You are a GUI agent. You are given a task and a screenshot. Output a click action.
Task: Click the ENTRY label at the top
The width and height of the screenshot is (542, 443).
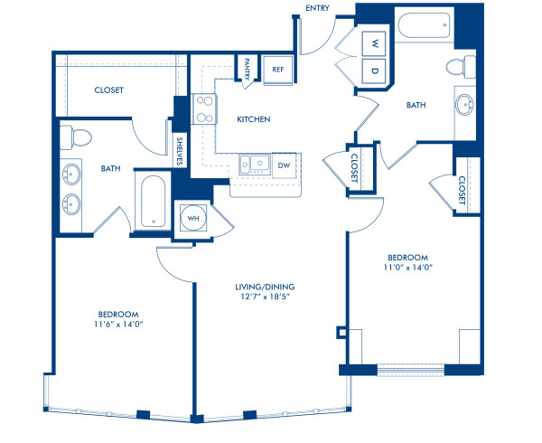318,8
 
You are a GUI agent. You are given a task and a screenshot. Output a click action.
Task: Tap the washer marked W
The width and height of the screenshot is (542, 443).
374,43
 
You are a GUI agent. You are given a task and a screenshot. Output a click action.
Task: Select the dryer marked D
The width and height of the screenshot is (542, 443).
374,71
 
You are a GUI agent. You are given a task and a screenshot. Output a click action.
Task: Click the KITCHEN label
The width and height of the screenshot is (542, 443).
255,119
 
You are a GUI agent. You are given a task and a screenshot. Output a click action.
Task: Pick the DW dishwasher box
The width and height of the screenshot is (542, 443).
284,165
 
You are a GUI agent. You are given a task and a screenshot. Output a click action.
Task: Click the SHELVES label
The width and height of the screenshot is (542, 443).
180,150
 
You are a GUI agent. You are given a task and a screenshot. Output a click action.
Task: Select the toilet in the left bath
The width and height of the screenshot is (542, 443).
77,137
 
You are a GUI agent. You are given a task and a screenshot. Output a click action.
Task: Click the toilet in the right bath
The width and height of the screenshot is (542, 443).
465,66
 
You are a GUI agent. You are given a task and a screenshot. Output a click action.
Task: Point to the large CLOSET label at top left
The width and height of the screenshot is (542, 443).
108,90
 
